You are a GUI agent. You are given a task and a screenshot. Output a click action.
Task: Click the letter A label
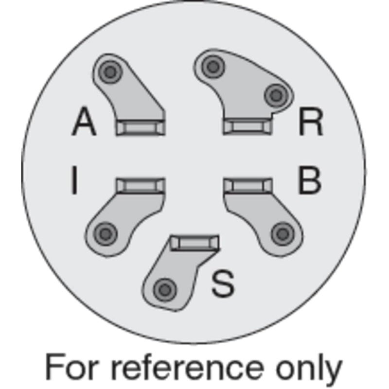84,121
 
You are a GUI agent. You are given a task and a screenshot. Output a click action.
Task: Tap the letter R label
311,122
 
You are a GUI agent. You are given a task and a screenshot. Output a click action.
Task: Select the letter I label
74,180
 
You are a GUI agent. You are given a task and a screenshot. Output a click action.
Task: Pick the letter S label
223,283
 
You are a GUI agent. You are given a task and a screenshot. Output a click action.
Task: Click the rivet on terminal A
110,72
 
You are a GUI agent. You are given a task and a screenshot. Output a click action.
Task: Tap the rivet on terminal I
106,234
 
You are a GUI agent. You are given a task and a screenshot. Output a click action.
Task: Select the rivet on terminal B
283,234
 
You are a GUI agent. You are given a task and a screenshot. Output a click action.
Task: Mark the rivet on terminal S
165,290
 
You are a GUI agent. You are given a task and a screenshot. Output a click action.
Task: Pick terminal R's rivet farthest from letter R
213,67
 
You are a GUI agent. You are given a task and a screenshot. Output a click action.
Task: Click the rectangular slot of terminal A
141,127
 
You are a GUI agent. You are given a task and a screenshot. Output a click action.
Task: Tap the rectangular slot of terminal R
248,126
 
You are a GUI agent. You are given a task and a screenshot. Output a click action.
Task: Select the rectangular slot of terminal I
141,185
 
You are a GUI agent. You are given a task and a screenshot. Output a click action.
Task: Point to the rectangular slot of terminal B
248,185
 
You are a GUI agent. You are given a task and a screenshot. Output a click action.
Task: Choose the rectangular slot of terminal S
195,243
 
